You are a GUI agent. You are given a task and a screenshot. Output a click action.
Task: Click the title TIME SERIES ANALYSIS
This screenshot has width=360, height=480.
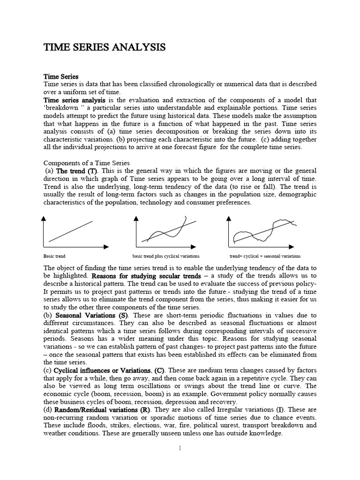105,47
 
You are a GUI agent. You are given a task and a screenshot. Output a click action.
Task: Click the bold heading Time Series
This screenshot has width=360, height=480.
61,76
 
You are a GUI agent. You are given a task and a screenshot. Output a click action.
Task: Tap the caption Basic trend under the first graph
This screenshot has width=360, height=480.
54,256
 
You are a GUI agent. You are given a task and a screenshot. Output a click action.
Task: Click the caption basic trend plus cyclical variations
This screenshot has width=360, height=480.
166,256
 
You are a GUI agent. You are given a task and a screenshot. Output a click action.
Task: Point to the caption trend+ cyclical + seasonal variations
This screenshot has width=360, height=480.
265,256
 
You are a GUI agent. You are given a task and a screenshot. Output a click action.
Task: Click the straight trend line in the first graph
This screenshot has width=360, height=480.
70,231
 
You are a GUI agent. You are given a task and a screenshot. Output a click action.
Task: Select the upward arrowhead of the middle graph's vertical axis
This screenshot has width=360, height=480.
136,218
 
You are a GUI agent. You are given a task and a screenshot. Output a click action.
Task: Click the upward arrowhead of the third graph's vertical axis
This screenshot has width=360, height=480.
228,218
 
